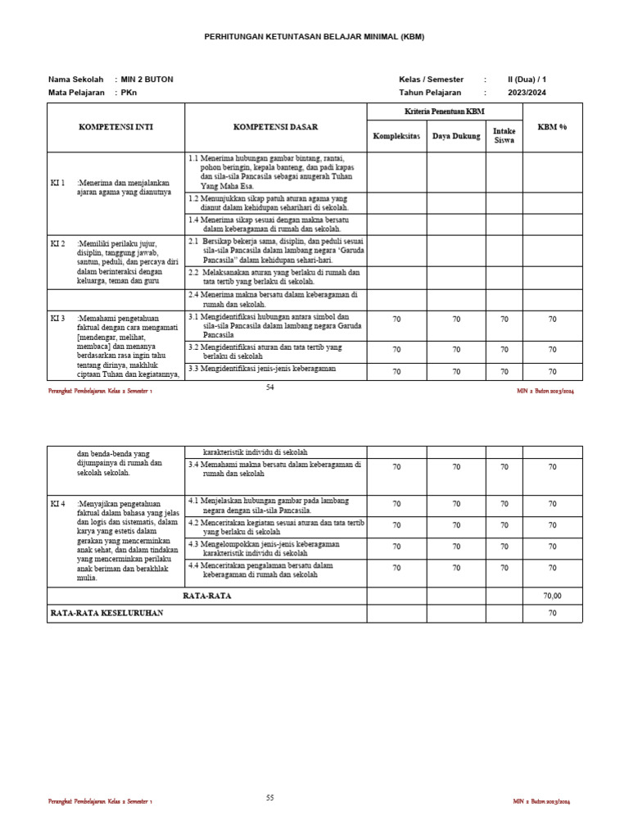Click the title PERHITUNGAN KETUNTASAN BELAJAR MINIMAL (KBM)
314,38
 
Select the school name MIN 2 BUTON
147,79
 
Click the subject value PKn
129,93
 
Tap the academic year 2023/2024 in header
526,93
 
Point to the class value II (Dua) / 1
527,79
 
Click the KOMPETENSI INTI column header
115,128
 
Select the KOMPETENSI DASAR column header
275,128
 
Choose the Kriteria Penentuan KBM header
446,111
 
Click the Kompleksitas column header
396,136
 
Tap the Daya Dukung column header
456,136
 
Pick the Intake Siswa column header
504,136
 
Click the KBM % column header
552,128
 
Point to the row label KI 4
57,503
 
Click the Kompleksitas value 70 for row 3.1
396,320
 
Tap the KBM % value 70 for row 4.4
552,567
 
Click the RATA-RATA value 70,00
552,596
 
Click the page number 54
269,388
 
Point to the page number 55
269,797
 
